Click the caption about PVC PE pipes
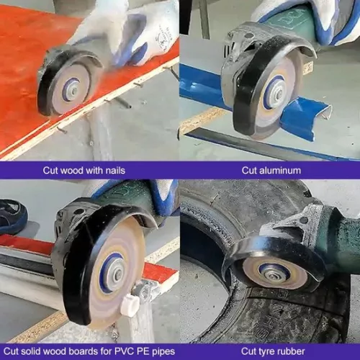[x=89, y=351]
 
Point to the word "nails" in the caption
[x=113, y=171]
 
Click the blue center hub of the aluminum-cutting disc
[x=275, y=94]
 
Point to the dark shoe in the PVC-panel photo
[x=12, y=215]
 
